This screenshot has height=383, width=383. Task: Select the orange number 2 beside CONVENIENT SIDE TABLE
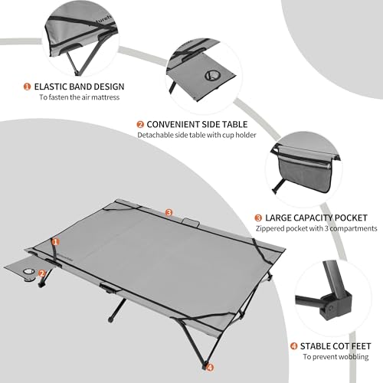[x=141, y=124]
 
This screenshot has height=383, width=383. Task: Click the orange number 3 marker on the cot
[x=169, y=212]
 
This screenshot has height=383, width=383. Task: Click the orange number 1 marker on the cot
[x=54, y=242]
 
